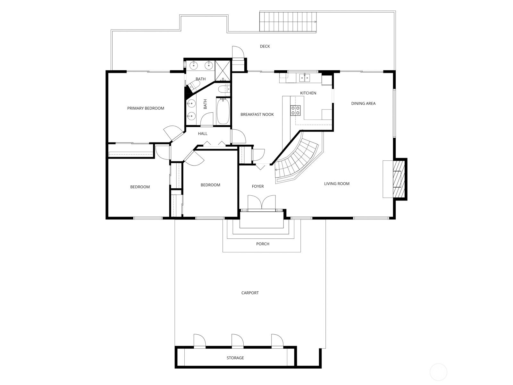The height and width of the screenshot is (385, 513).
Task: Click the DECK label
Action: point(265,46)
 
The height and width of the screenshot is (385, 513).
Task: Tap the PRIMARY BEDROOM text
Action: point(146,108)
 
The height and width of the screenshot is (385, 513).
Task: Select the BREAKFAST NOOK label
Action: point(257,114)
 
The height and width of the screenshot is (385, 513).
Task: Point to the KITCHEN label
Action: point(308,93)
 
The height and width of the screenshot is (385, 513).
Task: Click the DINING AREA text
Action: point(363,103)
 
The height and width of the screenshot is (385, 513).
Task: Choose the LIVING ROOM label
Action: point(337,184)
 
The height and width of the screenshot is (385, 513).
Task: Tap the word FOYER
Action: point(258,186)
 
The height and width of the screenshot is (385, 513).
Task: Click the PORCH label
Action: point(263,244)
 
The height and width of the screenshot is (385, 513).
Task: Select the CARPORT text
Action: point(250,293)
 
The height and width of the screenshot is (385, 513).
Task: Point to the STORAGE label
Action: point(235,358)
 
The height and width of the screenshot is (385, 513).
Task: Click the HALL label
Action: point(203,133)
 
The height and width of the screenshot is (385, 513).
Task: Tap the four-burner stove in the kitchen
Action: point(295,110)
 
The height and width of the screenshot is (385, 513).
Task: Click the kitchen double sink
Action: point(305,78)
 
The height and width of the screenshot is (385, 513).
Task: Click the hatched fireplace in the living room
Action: point(399,179)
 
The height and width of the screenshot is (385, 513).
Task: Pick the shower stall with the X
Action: point(222,71)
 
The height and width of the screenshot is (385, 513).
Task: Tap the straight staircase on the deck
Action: point(288,21)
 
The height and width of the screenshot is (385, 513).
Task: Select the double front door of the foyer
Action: point(262,202)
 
